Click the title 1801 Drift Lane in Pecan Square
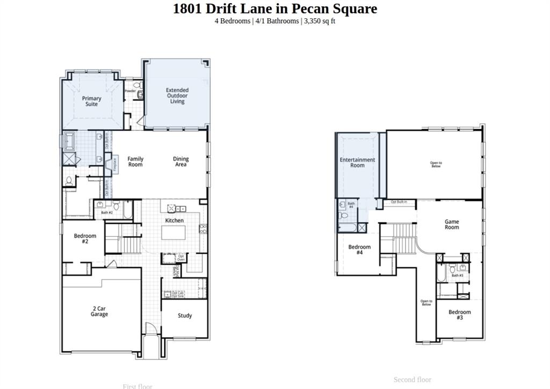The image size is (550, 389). pyautogui.click(x=274, y=9)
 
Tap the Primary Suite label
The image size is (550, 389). pyautogui.click(x=91, y=101)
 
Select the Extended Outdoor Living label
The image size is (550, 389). pyautogui.click(x=177, y=96)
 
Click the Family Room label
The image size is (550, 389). pyautogui.click(x=135, y=162)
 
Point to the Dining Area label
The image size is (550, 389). pyautogui.click(x=181, y=162)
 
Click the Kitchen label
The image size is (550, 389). pyautogui.click(x=174, y=221)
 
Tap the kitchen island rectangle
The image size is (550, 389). pyautogui.click(x=174, y=233)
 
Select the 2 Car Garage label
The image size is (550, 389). pyautogui.click(x=99, y=311)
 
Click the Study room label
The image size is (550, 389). pyautogui.click(x=185, y=315)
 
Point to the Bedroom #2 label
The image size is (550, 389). pyautogui.click(x=85, y=239)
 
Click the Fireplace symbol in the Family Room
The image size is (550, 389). pyautogui.click(x=114, y=164)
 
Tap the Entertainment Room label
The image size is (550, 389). pyautogui.click(x=357, y=163)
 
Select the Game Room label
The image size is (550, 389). pyautogui.click(x=452, y=224)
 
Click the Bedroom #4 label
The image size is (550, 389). pyautogui.click(x=359, y=249)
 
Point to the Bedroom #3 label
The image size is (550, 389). pyautogui.click(x=460, y=315)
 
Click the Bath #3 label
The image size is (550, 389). pyautogui.click(x=457, y=275)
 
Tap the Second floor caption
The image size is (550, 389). pyautogui.click(x=412, y=380)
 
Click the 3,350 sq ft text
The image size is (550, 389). pyautogui.click(x=320, y=21)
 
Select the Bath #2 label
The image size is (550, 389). pyautogui.click(x=107, y=213)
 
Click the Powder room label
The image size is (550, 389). pyautogui.click(x=130, y=91)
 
